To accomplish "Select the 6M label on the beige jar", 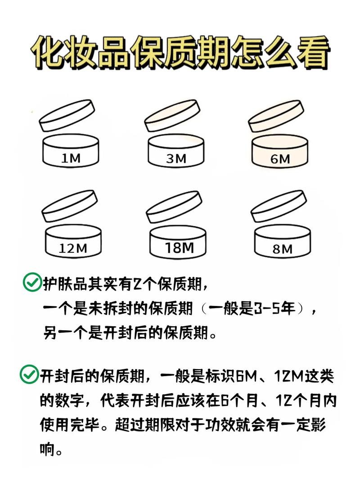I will [281, 158].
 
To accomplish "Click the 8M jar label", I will [282, 248].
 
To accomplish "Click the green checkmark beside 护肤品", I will [32, 283].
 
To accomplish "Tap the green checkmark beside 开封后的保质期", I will [29, 374].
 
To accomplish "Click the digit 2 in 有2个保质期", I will [137, 283].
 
